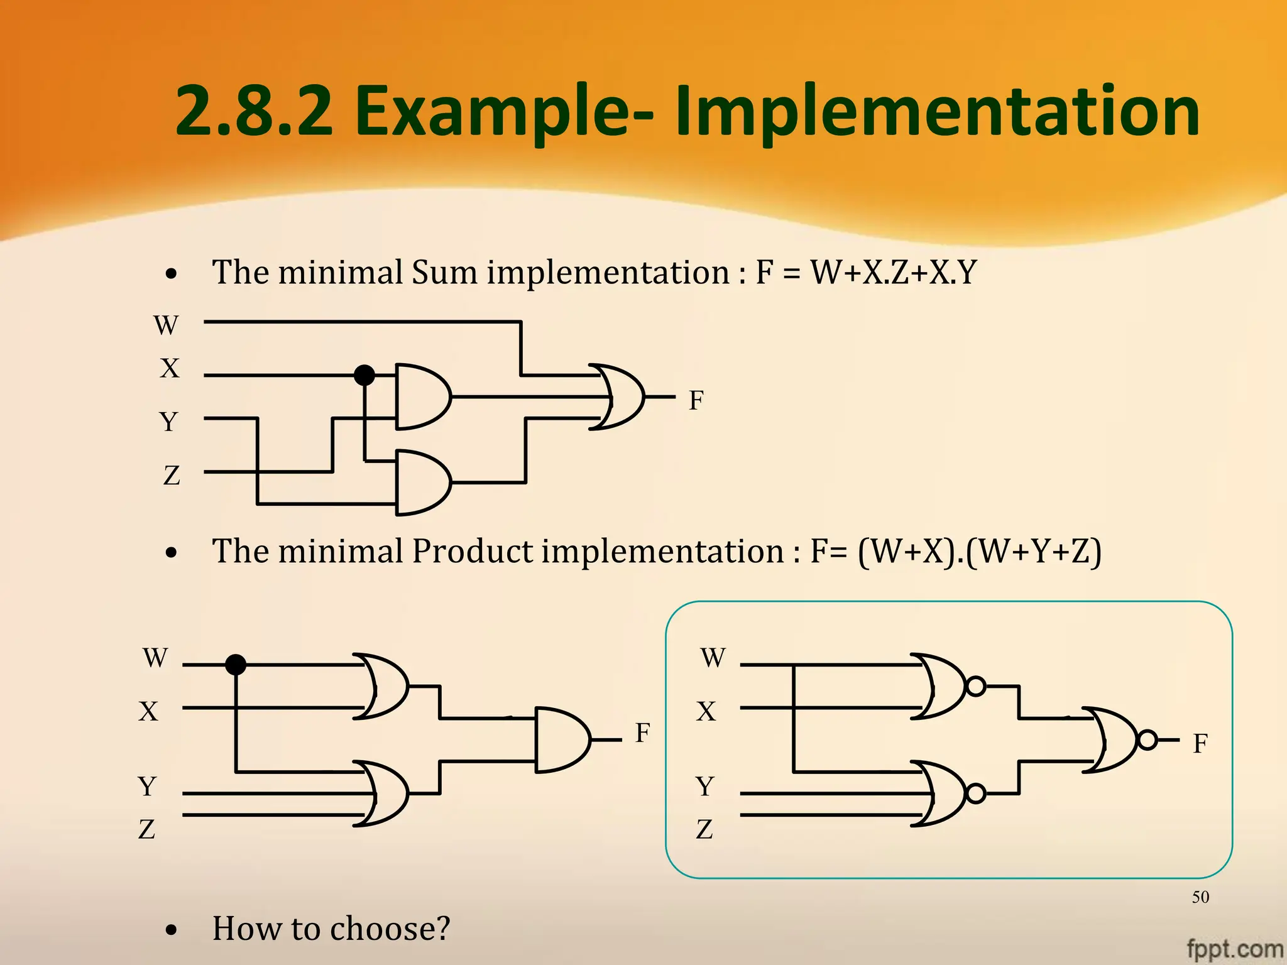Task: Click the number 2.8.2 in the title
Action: [x=254, y=112]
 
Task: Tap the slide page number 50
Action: [x=1200, y=897]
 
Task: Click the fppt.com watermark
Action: [x=1235, y=947]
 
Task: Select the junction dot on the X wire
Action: [x=364, y=375]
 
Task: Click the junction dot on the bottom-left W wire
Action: [x=236, y=664]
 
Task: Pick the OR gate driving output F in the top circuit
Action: [x=619, y=397]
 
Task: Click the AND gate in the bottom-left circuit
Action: [x=561, y=740]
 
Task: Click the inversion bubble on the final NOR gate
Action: [x=1147, y=740]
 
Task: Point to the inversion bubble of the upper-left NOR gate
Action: [x=975, y=686]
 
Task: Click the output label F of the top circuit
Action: [x=696, y=401]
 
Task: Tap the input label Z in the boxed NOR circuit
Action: [x=704, y=830]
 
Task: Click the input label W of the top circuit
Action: [x=166, y=325]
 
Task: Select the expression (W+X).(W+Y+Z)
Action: [x=979, y=552]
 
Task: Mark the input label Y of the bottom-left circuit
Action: [x=147, y=787]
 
